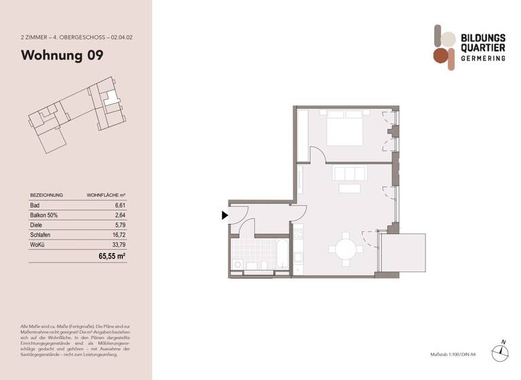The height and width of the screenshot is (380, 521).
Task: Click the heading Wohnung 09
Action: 62,56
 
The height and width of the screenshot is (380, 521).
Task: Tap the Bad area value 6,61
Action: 119,204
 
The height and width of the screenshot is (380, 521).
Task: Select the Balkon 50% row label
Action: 43,214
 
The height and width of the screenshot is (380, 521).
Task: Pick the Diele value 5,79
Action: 119,224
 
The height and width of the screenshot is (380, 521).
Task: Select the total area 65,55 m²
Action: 112,257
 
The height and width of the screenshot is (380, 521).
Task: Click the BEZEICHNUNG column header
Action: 47,195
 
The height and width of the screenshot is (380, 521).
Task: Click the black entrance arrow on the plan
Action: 225,216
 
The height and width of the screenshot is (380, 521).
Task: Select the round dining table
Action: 345,249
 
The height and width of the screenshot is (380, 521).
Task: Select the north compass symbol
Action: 501,350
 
